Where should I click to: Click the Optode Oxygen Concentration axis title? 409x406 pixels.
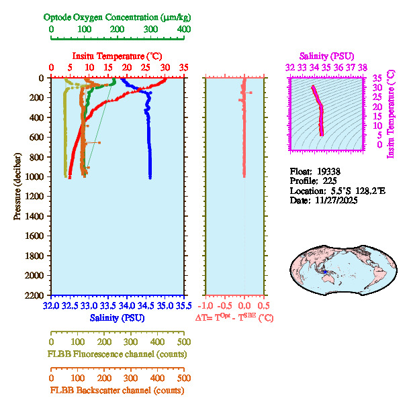(x=118, y=17)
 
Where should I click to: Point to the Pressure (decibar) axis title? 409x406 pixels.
(x=16, y=187)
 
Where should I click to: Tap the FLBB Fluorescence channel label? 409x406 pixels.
(x=117, y=354)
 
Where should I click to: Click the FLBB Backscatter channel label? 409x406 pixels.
(x=117, y=390)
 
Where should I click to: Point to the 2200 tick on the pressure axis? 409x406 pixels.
(x=36, y=295)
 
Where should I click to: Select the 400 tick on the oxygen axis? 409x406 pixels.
(x=183, y=30)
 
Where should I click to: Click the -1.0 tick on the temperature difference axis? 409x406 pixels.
(x=206, y=305)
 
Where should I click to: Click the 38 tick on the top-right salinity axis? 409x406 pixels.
(x=363, y=67)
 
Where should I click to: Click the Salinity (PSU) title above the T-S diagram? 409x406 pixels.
(x=326, y=56)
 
